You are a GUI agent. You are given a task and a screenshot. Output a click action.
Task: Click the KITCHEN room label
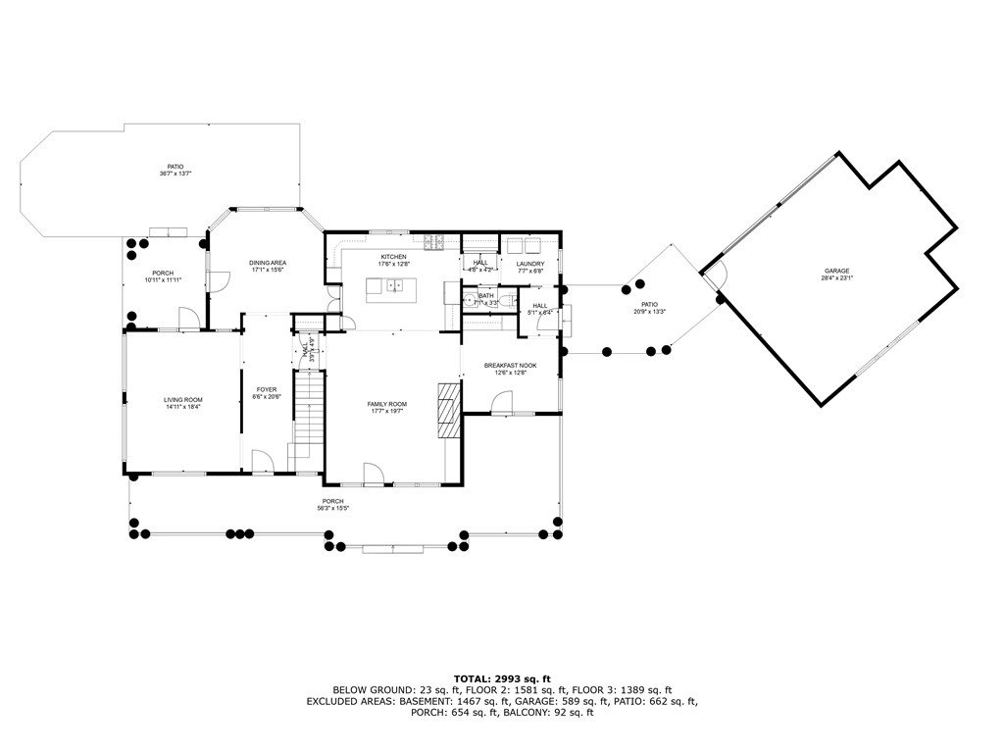pyautogui.click(x=395, y=257)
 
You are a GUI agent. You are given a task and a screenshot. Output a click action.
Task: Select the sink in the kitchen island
pyautogui.click(x=395, y=286)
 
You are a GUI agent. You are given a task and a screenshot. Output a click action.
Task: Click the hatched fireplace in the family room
pyautogui.click(x=448, y=410)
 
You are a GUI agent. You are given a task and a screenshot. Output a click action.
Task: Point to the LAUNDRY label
pyautogui.click(x=530, y=264)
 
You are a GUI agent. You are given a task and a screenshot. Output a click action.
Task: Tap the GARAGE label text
pyautogui.click(x=836, y=271)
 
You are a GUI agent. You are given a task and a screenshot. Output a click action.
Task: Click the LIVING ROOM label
pyautogui.click(x=182, y=399)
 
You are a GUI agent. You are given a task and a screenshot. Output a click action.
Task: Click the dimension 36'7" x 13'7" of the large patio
pyautogui.click(x=175, y=174)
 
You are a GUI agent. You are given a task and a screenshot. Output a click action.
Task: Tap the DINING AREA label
pyautogui.click(x=267, y=263)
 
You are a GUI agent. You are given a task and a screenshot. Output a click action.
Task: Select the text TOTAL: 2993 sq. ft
pyautogui.click(x=502, y=678)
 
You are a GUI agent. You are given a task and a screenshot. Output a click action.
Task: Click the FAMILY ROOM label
pyautogui.click(x=387, y=404)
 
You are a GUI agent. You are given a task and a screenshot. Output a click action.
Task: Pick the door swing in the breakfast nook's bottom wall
pyautogui.click(x=501, y=402)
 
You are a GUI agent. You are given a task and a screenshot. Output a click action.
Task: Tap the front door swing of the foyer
pyautogui.click(x=262, y=461)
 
